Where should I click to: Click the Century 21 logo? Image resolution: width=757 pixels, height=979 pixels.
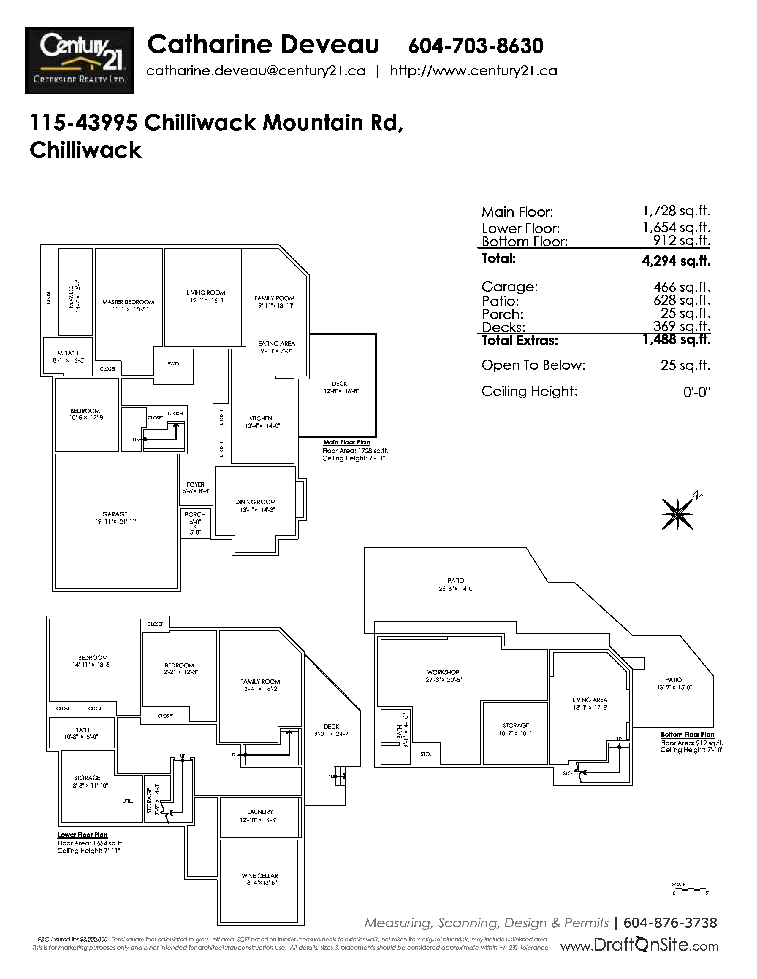coord(79,61)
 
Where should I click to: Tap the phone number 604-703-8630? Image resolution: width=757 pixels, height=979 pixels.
coord(476,46)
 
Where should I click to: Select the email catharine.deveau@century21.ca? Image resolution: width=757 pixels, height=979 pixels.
coord(256,71)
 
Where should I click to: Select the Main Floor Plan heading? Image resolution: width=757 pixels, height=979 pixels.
coord(347,442)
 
